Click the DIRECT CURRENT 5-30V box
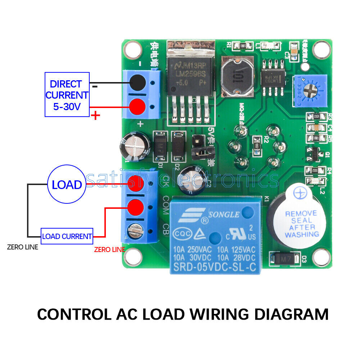click(x=67, y=95)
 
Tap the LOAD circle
click(x=67, y=185)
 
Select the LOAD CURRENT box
click(x=67, y=237)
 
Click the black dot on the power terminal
click(x=137, y=83)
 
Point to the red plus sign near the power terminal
click(x=96, y=116)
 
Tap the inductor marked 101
click(x=238, y=76)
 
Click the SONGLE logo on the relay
click(x=216, y=215)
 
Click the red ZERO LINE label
click(x=109, y=249)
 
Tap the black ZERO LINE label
click(x=23, y=247)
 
